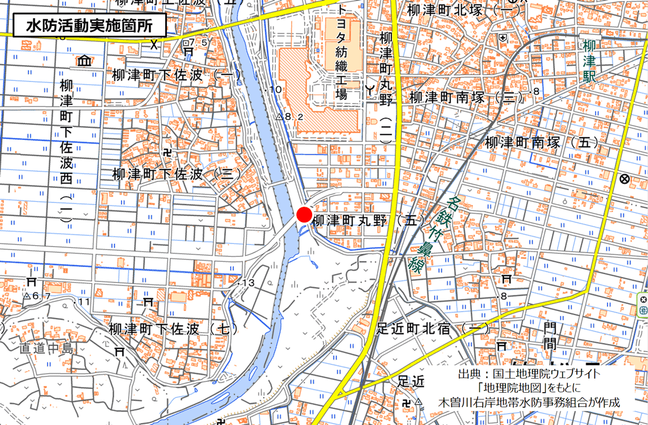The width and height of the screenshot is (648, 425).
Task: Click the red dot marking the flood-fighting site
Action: tap(304, 214)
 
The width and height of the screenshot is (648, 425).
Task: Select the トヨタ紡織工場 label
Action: tap(341, 53)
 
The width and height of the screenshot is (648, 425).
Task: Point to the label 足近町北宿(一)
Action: tap(433, 328)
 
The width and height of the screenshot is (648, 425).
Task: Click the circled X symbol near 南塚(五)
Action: tap(625, 179)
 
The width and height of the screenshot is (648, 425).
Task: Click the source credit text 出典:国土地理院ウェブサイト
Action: tap(529, 375)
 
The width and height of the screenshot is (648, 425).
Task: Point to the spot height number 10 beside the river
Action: tap(275, 89)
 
